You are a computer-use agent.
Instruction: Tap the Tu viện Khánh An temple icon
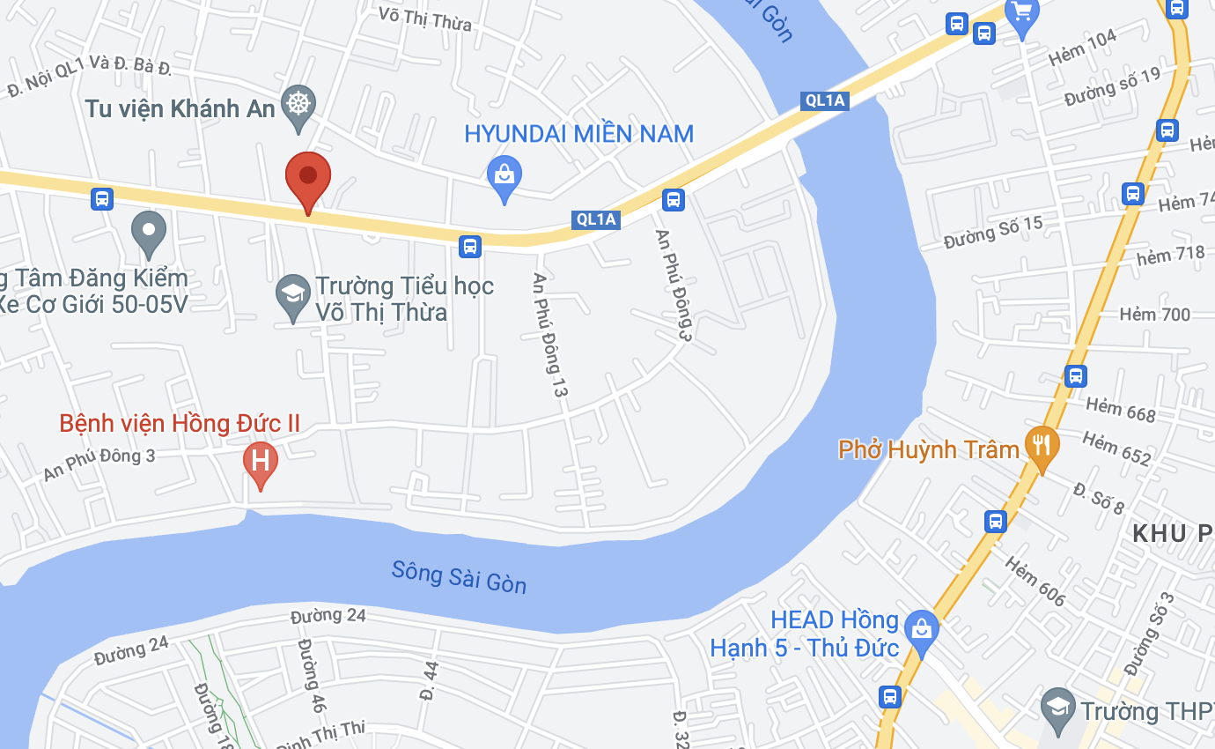(x=298, y=105)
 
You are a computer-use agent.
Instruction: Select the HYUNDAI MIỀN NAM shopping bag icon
(x=504, y=174)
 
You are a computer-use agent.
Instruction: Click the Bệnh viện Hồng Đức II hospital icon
(x=260, y=461)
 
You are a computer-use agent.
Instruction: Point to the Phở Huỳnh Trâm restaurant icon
(x=1042, y=444)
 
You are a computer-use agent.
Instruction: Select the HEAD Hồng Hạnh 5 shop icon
(x=922, y=629)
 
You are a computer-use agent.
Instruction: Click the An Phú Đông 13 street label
(x=548, y=334)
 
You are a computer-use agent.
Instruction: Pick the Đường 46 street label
(x=311, y=676)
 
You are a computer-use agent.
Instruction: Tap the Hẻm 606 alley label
(x=1034, y=582)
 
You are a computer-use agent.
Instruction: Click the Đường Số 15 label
(x=992, y=233)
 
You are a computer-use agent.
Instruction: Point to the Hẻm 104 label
(x=1083, y=48)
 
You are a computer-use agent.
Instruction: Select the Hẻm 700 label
(x=1154, y=315)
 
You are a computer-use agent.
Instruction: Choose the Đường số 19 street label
(x=1112, y=87)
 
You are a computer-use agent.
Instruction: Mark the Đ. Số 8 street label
(x=1099, y=498)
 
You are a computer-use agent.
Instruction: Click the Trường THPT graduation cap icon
(x=1057, y=708)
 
